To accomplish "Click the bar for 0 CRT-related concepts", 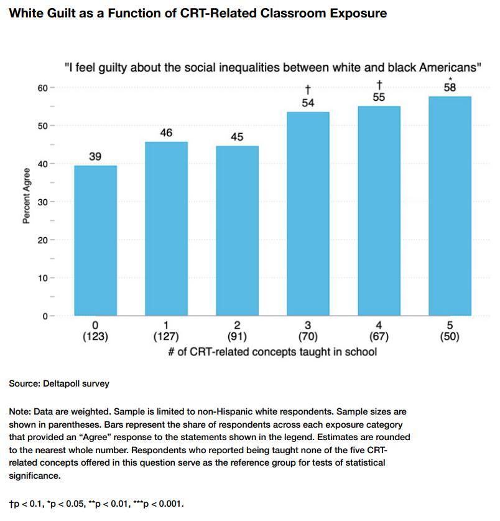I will pos(95,240).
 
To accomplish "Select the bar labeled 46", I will pos(166,228).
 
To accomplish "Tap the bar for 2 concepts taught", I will pos(237,230).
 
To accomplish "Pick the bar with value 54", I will pos(308,214).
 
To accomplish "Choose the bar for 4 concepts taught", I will pos(379,211).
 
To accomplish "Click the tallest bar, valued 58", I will pos(450,206).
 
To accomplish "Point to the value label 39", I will pos(95,157).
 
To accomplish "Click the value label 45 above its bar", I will pos(237,137).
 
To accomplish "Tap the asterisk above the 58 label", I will pos(450,79).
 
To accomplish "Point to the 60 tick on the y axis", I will pos(42,88).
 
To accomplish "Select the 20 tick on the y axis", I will pos(42,240).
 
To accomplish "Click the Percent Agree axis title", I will pos(27,195).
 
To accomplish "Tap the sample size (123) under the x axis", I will pos(95,337).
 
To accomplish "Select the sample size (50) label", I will pos(450,337).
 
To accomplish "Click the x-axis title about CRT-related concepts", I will pos(272,352).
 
